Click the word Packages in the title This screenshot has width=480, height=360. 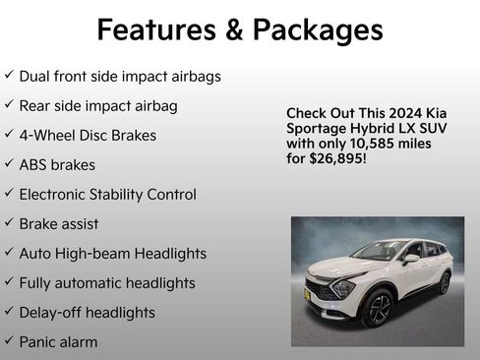coord(317,30)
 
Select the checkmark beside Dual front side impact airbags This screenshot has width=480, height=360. coord(9,76)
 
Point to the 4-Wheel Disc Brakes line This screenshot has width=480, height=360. coord(88,135)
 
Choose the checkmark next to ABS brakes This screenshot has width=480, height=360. coord(9,164)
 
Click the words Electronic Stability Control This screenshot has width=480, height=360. coord(107,194)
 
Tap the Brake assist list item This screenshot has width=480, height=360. coord(59,223)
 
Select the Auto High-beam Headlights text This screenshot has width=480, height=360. coord(112,253)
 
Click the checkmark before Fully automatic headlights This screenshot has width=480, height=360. coord(9,282)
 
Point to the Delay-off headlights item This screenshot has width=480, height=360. coord(87,312)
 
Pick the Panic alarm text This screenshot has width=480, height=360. coord(58,341)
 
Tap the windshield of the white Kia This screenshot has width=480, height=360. coord(381,251)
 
